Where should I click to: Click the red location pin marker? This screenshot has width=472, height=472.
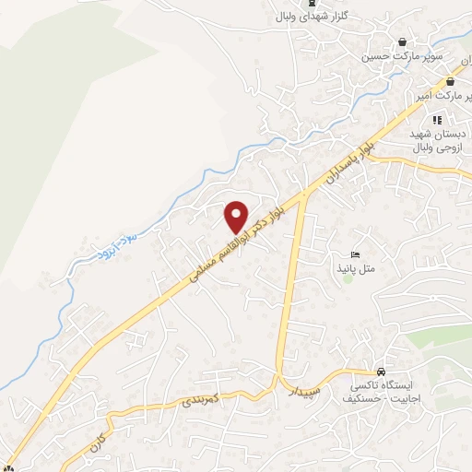tap(236, 216)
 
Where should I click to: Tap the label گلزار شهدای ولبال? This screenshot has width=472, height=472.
tap(309, 16)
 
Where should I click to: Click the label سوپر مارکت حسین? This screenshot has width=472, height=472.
tap(403, 56)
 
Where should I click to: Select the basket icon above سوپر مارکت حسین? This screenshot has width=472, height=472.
tap(403, 42)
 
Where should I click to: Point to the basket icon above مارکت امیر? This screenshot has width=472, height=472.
tap(450, 82)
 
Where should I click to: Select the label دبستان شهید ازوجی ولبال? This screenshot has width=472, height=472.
tap(438, 139)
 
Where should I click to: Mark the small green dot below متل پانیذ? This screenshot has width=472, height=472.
tap(349, 279)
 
